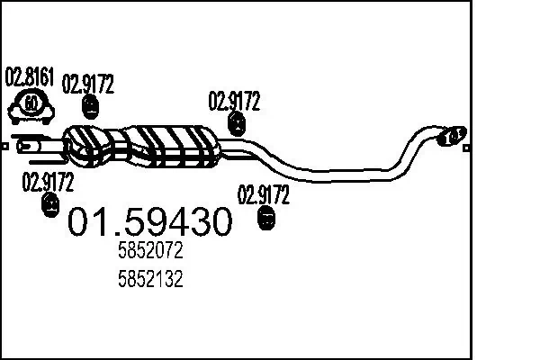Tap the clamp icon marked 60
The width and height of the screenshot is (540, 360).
[31, 105]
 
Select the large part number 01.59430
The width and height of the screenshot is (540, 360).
[150, 221]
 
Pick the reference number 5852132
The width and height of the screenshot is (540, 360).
[150, 279]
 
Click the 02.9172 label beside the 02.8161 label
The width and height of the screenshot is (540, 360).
[88, 86]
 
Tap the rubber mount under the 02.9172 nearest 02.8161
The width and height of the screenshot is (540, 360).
[90, 109]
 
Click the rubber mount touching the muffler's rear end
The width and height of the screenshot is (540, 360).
[237, 124]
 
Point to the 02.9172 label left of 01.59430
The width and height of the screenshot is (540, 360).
[48, 181]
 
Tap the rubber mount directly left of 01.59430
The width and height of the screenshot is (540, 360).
[50, 207]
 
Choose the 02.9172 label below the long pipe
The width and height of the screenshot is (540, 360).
[263, 193]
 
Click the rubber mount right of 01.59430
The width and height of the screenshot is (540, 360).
[266, 218]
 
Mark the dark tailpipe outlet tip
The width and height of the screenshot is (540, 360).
[453, 136]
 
